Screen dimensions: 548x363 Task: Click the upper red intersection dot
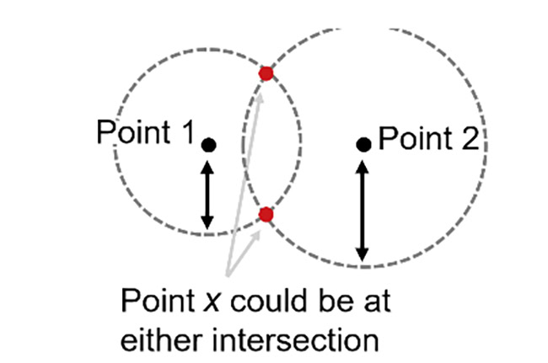coord(266,73)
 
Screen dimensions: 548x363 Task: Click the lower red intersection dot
coord(266,214)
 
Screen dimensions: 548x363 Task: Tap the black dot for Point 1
coord(208,145)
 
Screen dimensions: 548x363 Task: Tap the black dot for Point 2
coord(363,144)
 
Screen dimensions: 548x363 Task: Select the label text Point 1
coord(145,132)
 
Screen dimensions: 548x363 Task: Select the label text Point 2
coord(429,138)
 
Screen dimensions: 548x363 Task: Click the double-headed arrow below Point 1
coord(207,195)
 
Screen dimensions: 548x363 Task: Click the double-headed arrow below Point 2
coord(362,211)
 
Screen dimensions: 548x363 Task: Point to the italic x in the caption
coord(212,302)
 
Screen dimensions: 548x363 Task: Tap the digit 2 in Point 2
coord(470,138)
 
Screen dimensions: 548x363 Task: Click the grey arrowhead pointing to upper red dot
coord(260,99)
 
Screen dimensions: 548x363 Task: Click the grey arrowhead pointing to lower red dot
coord(257,235)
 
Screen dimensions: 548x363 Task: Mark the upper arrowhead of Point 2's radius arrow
coord(363,168)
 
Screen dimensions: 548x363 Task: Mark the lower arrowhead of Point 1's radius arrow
coord(207,222)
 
